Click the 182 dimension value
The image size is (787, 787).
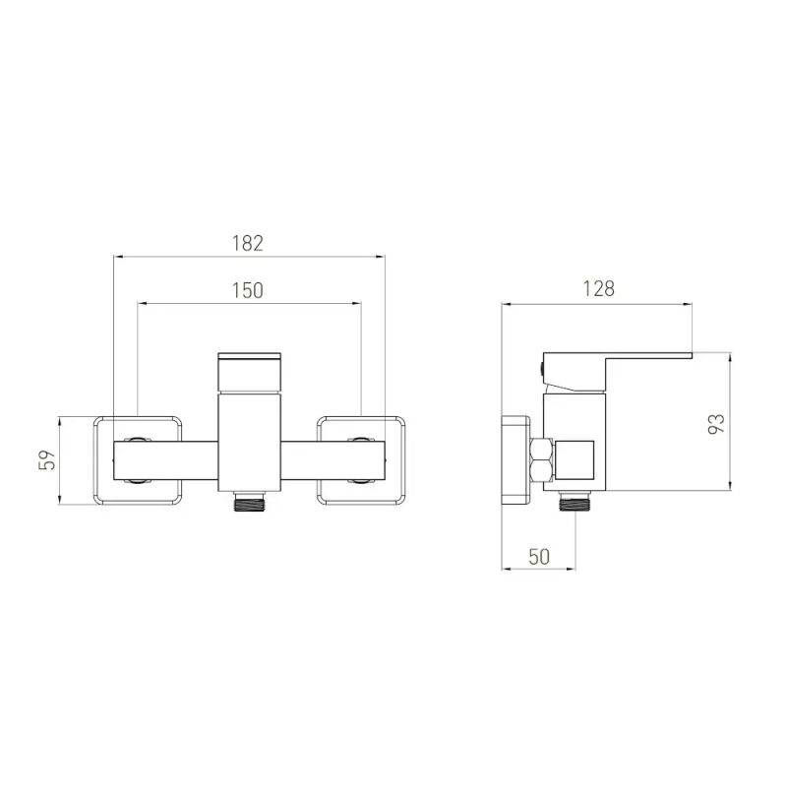[248, 243]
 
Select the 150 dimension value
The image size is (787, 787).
[248, 290]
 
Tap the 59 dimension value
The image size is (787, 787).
[47, 459]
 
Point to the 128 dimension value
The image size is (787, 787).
[598, 288]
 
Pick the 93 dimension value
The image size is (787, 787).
[716, 424]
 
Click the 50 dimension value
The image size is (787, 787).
[538, 557]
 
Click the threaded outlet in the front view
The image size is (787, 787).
[249, 502]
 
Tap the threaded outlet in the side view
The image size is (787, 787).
[575, 501]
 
